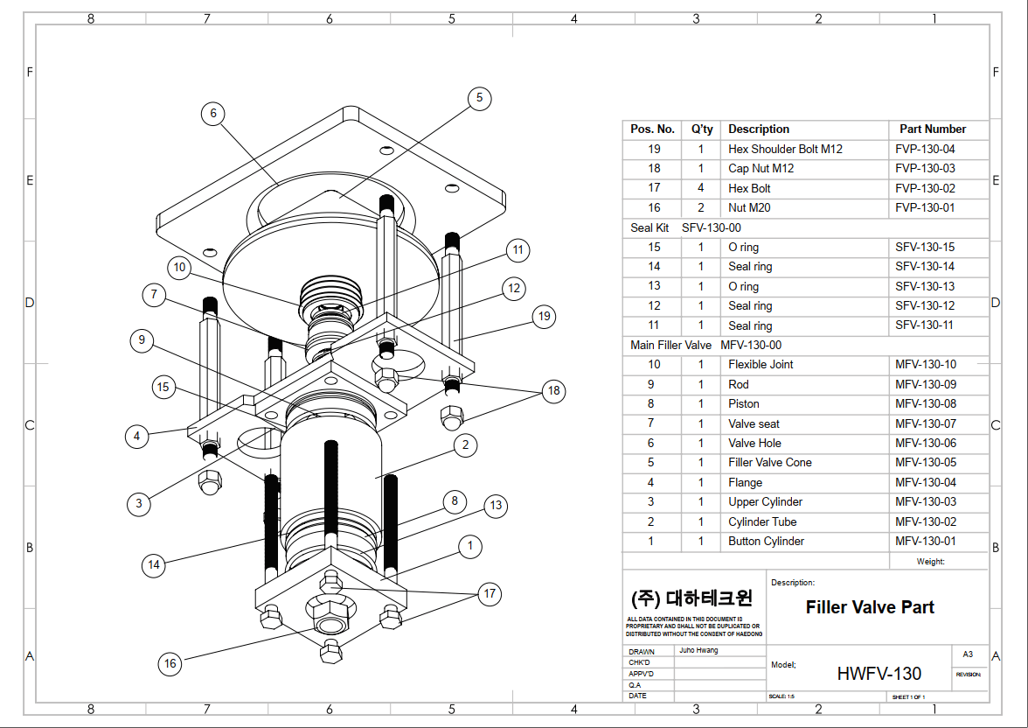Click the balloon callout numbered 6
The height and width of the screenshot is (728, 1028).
tap(212, 113)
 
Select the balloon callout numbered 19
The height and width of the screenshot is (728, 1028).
tap(545, 316)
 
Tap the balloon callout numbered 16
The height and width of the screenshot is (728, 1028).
tap(170, 663)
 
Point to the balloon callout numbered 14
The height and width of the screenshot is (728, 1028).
tap(154, 565)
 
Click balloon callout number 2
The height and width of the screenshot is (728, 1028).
tap(466, 445)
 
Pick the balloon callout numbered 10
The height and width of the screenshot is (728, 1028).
tap(179, 268)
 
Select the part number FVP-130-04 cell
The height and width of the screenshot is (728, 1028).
tap(925, 149)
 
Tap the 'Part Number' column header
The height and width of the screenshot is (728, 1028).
tap(933, 129)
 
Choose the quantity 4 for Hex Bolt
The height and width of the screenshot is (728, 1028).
tap(700, 188)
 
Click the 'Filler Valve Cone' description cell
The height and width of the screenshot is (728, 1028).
tap(769, 462)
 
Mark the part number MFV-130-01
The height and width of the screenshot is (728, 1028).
tap(925, 541)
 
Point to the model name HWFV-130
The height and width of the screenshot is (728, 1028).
tap(879, 673)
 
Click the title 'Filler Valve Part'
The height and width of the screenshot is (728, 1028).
tap(870, 607)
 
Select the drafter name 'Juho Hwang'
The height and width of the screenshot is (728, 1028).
tap(698, 651)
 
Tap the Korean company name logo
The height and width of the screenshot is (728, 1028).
tap(691, 598)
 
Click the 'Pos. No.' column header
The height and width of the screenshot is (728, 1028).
tap(652, 129)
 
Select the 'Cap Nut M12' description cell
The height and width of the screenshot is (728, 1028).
tap(761, 168)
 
